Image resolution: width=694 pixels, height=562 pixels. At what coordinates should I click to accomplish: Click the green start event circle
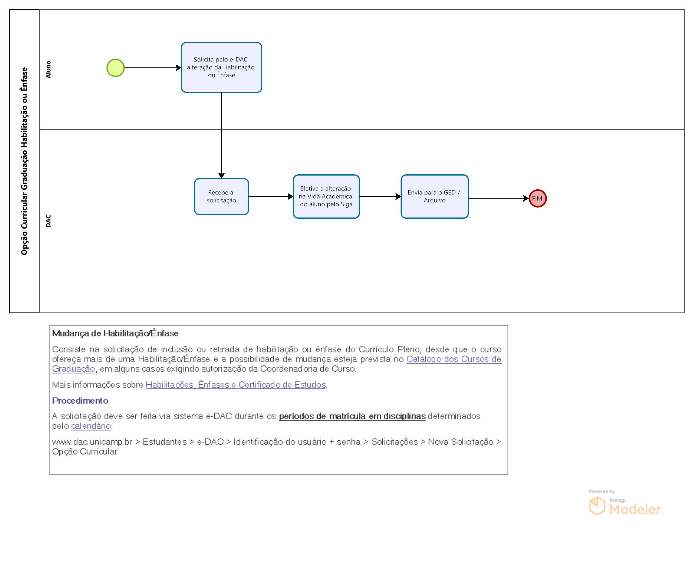(116, 68)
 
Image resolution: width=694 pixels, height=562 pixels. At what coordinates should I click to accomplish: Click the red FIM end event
(537, 198)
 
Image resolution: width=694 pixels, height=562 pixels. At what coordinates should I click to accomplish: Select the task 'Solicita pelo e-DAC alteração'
(221, 67)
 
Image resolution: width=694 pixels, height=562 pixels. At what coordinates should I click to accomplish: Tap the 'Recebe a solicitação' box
(221, 197)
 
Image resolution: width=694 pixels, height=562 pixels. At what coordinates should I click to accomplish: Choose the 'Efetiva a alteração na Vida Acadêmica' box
(326, 197)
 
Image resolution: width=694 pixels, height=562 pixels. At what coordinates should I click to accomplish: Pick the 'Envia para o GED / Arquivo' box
(434, 197)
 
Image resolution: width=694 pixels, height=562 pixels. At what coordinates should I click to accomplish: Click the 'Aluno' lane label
(49, 70)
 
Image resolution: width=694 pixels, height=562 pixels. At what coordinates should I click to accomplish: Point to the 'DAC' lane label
(49, 221)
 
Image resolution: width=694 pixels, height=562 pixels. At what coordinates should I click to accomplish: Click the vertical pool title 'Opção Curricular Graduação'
(24, 161)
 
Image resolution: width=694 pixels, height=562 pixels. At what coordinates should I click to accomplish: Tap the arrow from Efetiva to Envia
(380, 197)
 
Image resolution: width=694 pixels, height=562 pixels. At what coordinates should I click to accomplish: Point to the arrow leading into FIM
(498, 198)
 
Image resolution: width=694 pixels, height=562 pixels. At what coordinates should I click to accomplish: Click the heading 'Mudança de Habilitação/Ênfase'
(115, 333)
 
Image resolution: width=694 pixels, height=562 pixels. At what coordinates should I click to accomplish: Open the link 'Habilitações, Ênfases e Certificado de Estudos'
(236, 385)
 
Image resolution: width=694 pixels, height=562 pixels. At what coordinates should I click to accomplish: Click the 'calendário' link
(91, 426)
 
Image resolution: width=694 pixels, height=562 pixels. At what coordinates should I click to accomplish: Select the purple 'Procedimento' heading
(80, 401)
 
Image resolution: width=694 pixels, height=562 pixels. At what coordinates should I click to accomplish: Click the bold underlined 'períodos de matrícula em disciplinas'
(352, 416)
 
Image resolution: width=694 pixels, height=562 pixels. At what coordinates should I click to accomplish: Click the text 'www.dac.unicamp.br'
(92, 442)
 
